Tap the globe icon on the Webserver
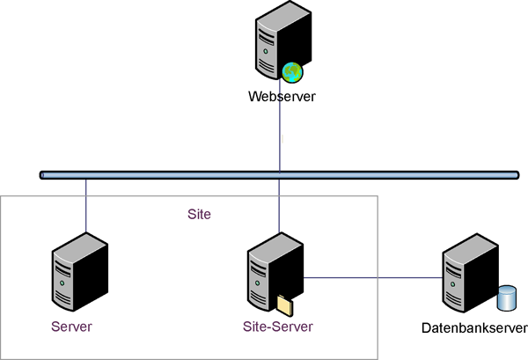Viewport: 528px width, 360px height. click(x=292, y=72)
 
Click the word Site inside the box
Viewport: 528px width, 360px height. click(x=200, y=214)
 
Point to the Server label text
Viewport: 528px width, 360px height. click(x=71, y=327)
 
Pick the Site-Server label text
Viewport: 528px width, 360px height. click(x=277, y=327)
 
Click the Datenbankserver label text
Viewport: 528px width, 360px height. click(x=474, y=329)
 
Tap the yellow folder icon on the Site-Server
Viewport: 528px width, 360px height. click(x=284, y=305)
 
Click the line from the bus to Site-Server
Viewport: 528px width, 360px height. click(x=280, y=207)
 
